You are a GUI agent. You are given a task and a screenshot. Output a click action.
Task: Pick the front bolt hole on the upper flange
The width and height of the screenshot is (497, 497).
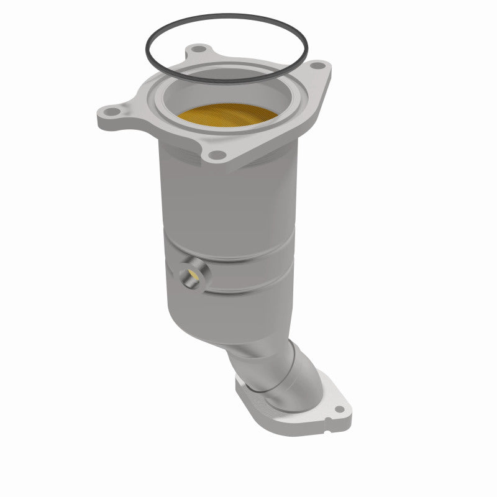click(x=216, y=155)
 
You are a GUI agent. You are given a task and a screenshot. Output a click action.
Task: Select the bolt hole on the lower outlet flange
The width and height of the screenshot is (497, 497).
click(x=339, y=411)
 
